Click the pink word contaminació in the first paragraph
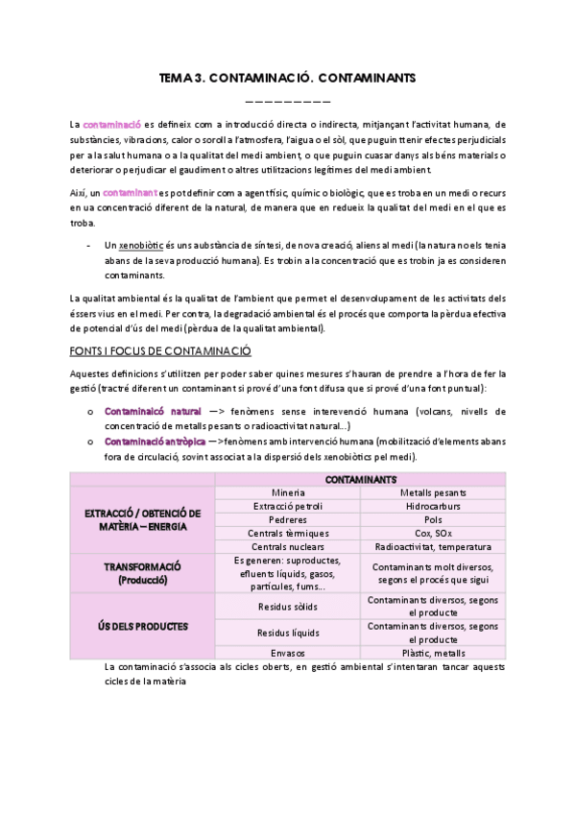tap(112, 124)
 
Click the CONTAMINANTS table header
tap(360, 478)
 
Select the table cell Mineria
tap(288, 492)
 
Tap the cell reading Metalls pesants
tap(432, 492)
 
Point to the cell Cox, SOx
tap(432, 533)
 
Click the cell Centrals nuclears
tap(288, 546)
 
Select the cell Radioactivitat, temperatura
tap(432, 546)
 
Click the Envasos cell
tap(288, 653)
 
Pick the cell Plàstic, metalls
tap(432, 653)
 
